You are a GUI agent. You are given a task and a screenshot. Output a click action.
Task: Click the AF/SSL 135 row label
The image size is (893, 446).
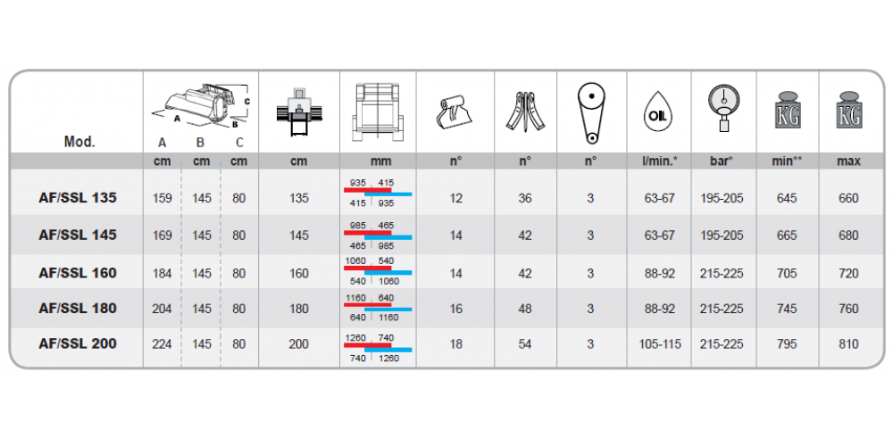pos(78,197)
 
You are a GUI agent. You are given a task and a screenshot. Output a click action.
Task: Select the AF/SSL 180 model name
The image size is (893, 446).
pos(78,309)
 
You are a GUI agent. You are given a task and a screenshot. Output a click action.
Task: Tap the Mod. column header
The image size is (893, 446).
pos(79,142)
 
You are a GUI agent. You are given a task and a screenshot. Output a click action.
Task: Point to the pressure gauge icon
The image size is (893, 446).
pos(724,108)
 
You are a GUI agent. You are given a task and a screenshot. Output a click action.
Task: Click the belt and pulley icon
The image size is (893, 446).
pos(591,114)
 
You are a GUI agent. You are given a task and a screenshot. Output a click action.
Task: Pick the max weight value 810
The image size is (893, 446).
pos(848,344)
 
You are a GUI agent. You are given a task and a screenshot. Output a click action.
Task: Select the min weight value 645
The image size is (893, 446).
pos(787,199)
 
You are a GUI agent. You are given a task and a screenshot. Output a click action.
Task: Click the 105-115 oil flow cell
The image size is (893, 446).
pos(660,344)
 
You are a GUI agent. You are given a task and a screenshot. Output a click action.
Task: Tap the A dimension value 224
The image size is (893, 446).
pos(163,344)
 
